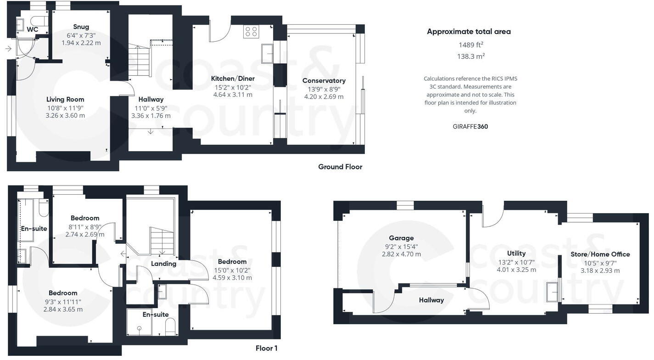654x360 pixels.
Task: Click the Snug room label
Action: pyautogui.click(x=81, y=27)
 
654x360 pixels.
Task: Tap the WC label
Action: pyautogui.click(x=32, y=30)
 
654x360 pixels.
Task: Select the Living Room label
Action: pyautogui.click(x=65, y=99)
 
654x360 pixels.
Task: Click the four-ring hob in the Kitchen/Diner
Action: pyautogui.click(x=251, y=31)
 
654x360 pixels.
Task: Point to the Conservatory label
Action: pyautogui.click(x=324, y=81)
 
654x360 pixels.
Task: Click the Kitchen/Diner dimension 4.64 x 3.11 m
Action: pyautogui.click(x=233, y=95)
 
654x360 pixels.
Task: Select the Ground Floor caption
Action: pyautogui.click(x=340, y=167)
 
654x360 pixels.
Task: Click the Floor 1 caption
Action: pyautogui.click(x=266, y=348)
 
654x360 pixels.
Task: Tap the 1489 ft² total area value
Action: pyautogui.click(x=471, y=45)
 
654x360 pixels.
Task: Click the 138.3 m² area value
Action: pyautogui.click(x=471, y=56)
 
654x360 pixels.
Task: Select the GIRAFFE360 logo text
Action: pyautogui.click(x=470, y=126)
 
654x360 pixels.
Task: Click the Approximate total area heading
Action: pyautogui.click(x=469, y=32)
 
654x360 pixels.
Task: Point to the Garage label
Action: pyautogui.click(x=401, y=238)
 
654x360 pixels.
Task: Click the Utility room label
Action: pyautogui.click(x=516, y=253)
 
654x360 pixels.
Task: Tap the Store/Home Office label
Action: pyautogui.click(x=600, y=254)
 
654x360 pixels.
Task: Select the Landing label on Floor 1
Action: pyautogui.click(x=163, y=264)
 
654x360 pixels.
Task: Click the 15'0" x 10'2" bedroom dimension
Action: pyautogui.click(x=232, y=270)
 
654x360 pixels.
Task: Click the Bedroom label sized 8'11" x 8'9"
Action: pyautogui.click(x=85, y=218)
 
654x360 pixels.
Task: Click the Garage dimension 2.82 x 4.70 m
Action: pyautogui.click(x=401, y=254)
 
